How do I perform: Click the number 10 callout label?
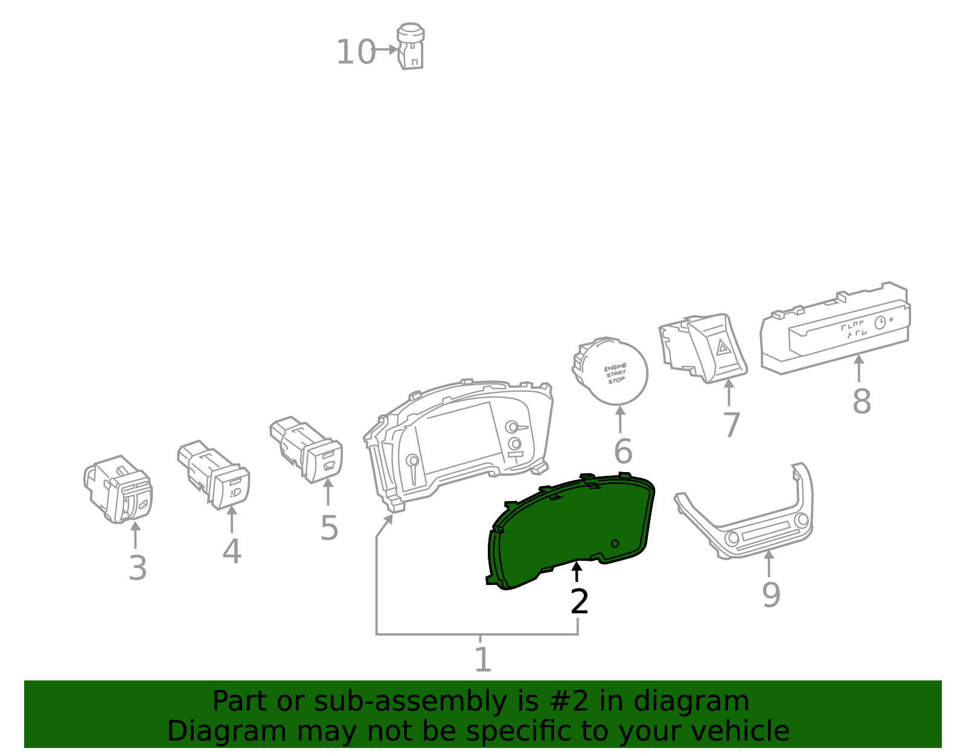click(356, 53)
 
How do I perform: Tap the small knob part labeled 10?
click(410, 47)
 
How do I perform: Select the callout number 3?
click(138, 569)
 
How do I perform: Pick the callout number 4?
click(232, 552)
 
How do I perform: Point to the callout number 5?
click(329, 528)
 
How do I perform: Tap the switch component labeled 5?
click(308, 450)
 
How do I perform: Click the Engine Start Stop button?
click(616, 373)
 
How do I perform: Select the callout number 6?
click(622, 452)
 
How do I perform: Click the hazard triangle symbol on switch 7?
click(723, 347)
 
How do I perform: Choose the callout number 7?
click(731, 426)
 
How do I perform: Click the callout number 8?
click(862, 401)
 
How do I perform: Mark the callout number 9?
click(771, 595)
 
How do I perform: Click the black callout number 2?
click(579, 602)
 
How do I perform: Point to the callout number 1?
click(482, 660)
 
